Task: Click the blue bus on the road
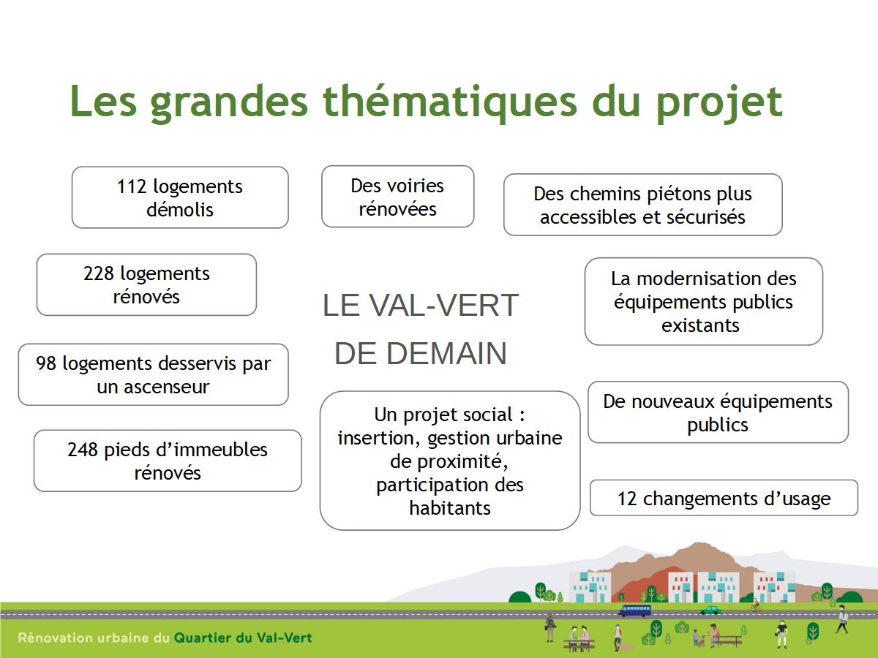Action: pos(634,610)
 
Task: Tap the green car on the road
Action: pos(710,610)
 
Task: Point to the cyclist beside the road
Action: pos(756,605)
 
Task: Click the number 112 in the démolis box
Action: pos(131,186)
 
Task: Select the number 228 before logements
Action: pos(98,273)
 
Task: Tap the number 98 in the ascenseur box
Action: pos(45,363)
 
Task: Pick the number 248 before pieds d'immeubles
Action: pos(82,450)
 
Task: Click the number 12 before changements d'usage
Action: pos(627,499)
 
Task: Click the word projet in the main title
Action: pos(718,104)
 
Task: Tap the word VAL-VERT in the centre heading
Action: pos(443,306)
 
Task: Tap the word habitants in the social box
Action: pos(450,508)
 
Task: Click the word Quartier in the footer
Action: pos(203,638)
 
